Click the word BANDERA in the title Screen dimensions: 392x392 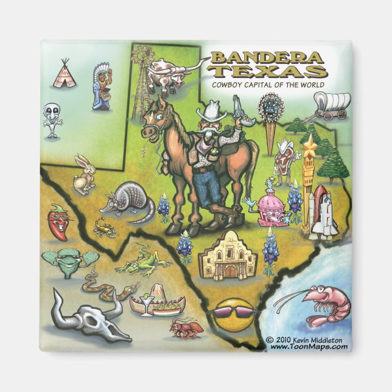click(x=265, y=59)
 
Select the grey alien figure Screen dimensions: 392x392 click(x=52, y=119)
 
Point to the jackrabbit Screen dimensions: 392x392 click(x=83, y=173)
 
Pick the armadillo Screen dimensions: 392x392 click(x=127, y=199)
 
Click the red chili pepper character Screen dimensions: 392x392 click(x=58, y=221)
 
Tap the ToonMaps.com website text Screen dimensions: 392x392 click(x=309, y=347)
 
